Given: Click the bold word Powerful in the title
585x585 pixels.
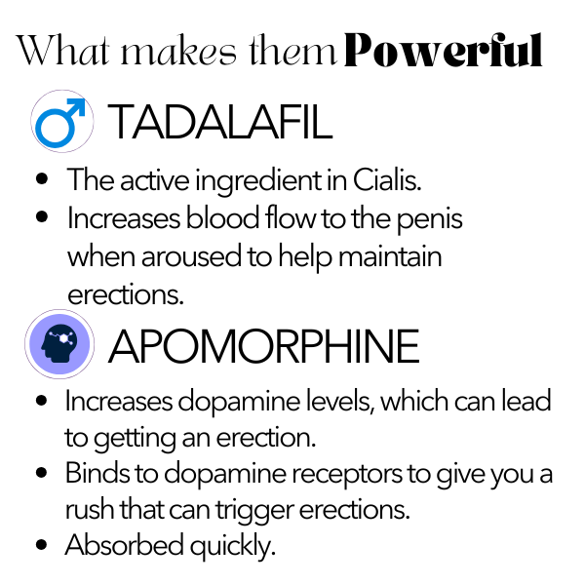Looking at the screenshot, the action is tap(443, 50).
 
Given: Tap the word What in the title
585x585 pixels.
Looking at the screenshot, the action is tap(63, 50).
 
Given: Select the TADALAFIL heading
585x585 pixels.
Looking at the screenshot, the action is tap(220, 122).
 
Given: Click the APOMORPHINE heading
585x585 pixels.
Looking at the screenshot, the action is tap(264, 345).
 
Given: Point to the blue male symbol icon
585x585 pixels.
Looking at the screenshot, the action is tap(60, 123).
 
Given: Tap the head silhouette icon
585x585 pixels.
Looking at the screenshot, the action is tap(59, 344).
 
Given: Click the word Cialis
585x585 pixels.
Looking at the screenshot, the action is tap(387, 180).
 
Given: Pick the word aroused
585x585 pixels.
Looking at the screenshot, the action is tap(191, 256).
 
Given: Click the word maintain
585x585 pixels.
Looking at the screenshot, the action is tap(390, 255).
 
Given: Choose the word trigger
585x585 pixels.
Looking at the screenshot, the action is tap(254, 511).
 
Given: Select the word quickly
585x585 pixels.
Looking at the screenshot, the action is tap(233, 547).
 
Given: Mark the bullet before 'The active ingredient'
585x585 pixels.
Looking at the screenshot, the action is tap(42, 178).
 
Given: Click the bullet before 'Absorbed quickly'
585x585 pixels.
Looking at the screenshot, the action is tap(41, 544).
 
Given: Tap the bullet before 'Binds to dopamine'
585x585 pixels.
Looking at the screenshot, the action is tap(41, 472).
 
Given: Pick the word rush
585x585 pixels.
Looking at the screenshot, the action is tap(90, 510).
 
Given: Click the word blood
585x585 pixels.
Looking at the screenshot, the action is tap(222, 217).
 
